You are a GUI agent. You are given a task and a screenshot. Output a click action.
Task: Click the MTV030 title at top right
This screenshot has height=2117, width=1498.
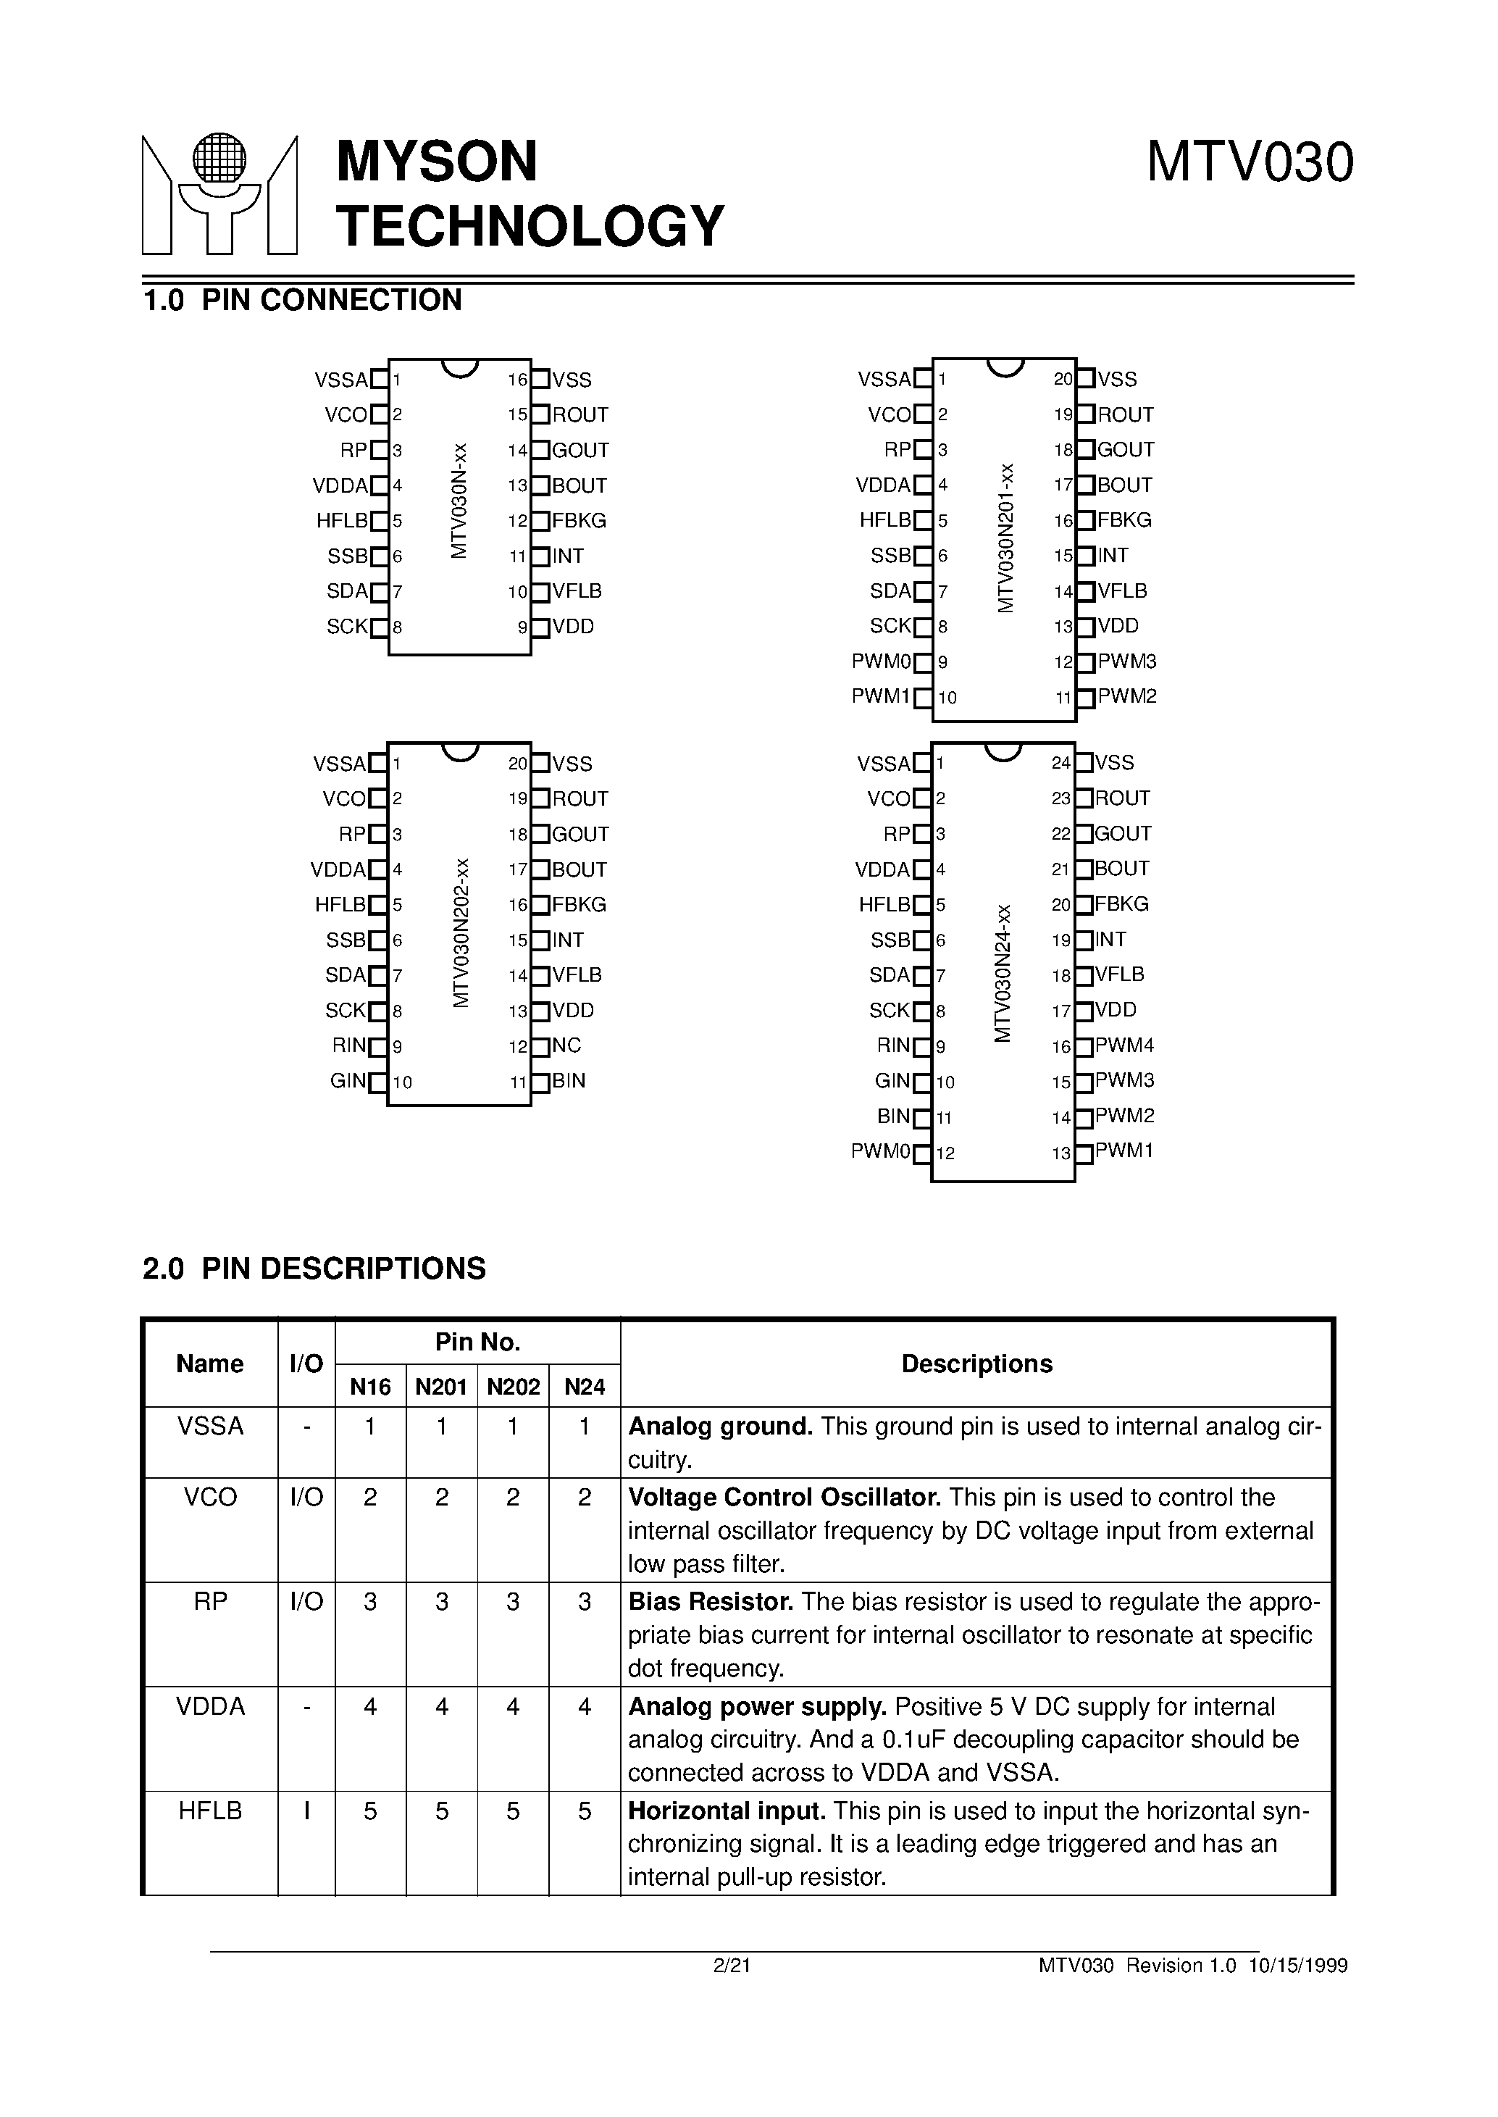pos(1249,162)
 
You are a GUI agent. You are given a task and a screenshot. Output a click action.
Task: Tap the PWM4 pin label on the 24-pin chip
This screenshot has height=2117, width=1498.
pos(1124,1045)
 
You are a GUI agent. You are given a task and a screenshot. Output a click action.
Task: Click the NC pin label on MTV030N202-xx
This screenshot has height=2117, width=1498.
pos(566,1045)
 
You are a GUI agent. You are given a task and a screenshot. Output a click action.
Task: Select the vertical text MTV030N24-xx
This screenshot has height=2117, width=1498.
pos(1003,973)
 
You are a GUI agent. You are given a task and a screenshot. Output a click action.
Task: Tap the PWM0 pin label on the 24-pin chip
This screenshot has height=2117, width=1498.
pos(881,1151)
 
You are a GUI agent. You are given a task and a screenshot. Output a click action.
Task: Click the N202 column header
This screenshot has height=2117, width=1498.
pos(513,1387)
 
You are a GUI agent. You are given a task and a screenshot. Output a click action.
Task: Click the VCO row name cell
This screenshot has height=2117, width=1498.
pos(210,1497)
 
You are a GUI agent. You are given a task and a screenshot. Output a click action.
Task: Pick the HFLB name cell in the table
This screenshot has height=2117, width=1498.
pos(210,1811)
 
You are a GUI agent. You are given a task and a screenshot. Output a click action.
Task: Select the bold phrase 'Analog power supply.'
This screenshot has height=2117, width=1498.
pos(757,1706)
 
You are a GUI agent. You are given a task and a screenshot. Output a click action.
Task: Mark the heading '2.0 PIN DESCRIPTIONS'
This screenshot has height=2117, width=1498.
pos(314,1269)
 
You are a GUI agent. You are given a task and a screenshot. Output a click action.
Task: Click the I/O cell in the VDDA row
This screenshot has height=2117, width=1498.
pos(306,1706)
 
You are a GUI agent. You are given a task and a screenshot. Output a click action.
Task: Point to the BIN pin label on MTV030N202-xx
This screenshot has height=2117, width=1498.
pos(569,1080)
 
